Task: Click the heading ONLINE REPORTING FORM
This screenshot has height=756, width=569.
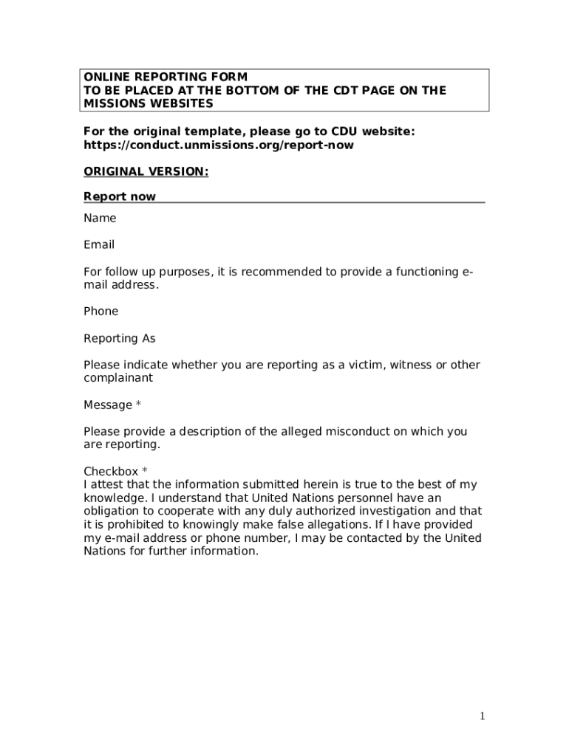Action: click(x=165, y=77)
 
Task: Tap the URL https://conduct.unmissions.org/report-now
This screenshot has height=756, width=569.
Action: click(x=218, y=145)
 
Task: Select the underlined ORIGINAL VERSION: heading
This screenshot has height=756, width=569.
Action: click(x=146, y=171)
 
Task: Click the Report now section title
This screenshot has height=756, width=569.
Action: click(x=120, y=196)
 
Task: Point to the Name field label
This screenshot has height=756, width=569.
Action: click(x=100, y=218)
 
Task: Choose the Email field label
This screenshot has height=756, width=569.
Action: click(x=99, y=244)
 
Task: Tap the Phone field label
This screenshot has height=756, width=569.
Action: click(x=100, y=311)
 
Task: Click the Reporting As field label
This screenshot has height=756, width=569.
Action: click(x=120, y=338)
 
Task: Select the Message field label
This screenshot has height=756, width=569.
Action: click(x=108, y=405)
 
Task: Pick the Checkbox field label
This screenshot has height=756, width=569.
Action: click(x=111, y=471)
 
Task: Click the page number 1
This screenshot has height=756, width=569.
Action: click(x=482, y=715)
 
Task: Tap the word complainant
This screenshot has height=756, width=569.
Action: click(x=118, y=377)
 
